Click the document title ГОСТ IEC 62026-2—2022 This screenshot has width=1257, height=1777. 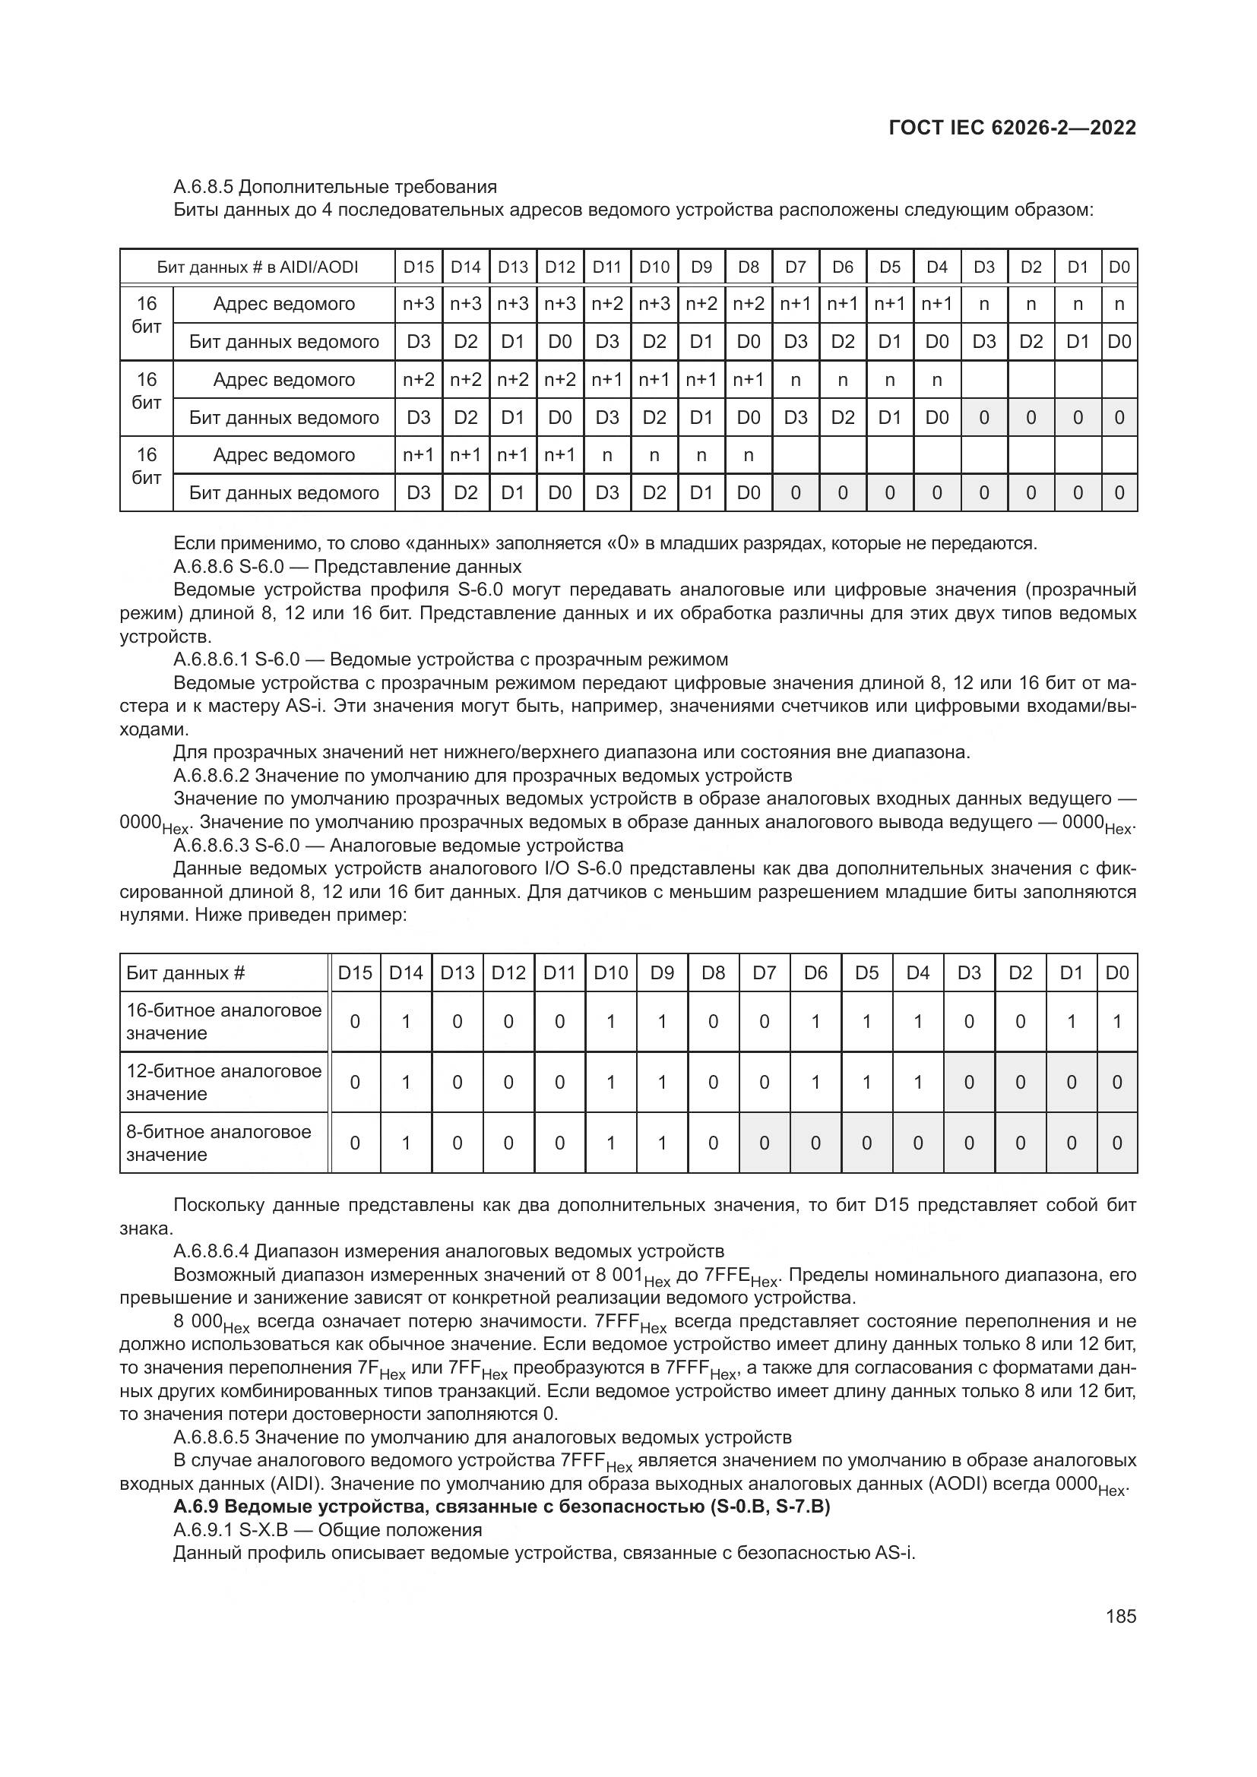click(1012, 128)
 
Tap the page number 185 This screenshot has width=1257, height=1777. click(1121, 1616)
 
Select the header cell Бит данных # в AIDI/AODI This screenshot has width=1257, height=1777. click(257, 267)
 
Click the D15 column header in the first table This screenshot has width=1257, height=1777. click(419, 267)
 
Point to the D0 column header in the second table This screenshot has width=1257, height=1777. click(1117, 973)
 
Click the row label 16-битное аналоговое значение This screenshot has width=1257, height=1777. click(223, 1022)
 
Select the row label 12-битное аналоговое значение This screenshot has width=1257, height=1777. click(223, 1082)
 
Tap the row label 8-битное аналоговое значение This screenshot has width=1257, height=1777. click(218, 1143)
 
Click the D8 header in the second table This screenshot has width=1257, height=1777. click(713, 973)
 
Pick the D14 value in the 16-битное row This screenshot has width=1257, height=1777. click(406, 1022)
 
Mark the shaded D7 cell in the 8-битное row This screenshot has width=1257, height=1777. click(764, 1143)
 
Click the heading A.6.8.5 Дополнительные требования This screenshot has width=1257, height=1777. click(334, 187)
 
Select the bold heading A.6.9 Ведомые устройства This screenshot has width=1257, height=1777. click(502, 1506)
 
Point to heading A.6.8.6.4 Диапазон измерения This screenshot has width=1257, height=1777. click(449, 1251)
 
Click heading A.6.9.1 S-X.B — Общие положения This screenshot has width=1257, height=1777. click(328, 1529)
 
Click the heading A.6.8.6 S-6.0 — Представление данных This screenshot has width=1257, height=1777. click(347, 566)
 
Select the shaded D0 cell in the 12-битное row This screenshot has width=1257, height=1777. click(1117, 1082)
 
